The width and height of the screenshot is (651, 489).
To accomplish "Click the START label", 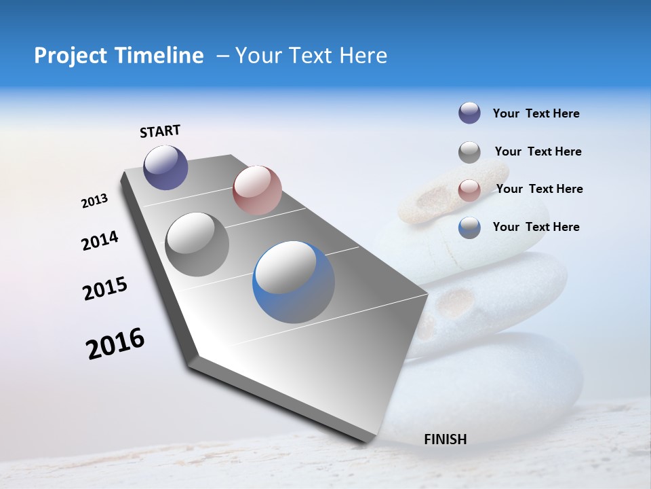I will click(160, 131).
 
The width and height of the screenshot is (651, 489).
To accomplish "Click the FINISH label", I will click(445, 439).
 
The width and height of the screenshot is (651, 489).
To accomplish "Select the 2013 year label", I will click(94, 201).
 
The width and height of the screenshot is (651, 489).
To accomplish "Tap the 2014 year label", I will click(100, 240).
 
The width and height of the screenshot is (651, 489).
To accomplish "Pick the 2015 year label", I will click(104, 289).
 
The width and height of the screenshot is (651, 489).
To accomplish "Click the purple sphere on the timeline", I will click(165, 167).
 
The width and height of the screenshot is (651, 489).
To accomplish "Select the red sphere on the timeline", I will click(257, 190).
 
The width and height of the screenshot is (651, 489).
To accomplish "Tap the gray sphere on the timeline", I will click(197, 244).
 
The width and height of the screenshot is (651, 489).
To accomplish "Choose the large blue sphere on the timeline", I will click(294, 282).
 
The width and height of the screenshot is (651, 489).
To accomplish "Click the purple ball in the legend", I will click(469, 113).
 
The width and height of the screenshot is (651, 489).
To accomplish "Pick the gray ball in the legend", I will click(469, 152).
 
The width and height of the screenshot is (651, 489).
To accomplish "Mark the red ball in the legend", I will click(469, 190).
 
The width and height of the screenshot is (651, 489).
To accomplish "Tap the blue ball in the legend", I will click(469, 228).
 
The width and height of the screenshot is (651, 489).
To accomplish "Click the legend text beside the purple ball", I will click(536, 113).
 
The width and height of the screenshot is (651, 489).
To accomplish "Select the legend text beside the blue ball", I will click(536, 227).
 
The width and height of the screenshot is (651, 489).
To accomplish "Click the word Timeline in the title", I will click(155, 56).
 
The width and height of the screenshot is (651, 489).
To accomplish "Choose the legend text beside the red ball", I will click(539, 189).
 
